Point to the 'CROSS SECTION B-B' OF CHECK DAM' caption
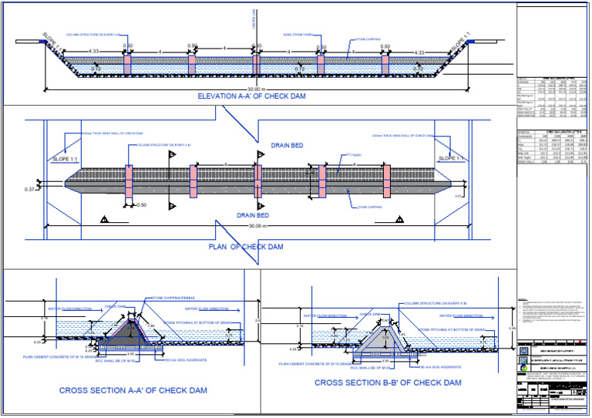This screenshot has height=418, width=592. point(388,383)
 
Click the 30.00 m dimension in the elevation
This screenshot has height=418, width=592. point(254,88)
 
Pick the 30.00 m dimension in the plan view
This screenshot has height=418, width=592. point(254,225)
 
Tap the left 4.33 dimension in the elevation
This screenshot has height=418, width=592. point(94,52)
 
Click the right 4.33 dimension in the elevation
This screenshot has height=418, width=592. point(420,52)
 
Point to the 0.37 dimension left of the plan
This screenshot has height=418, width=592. point(30,189)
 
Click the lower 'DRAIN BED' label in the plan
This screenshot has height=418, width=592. point(252,215)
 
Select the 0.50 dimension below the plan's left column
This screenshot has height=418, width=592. point(141,205)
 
